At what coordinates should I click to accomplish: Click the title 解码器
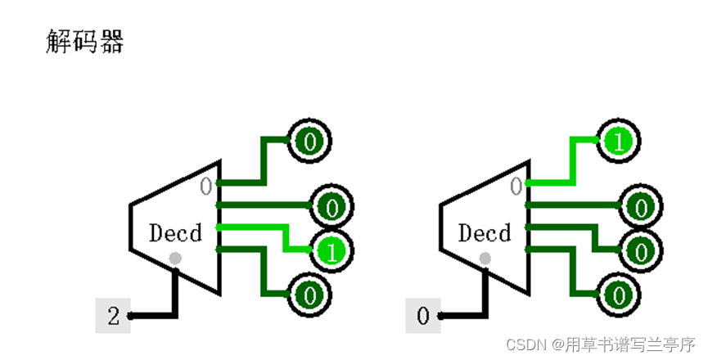pyautogui.click(x=84, y=42)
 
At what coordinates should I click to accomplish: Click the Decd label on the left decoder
pyautogui.click(x=175, y=233)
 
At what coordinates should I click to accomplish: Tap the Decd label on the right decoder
pyautogui.click(x=485, y=233)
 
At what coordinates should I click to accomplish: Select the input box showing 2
pyautogui.click(x=113, y=316)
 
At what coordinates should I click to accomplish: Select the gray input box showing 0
pyautogui.click(x=423, y=316)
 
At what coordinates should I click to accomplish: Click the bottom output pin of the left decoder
pyautogui.click(x=310, y=293)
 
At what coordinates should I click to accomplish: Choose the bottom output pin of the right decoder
pyautogui.click(x=620, y=293)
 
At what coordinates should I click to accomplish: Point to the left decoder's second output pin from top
pyautogui.click(x=331, y=207)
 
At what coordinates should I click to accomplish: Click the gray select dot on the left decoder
pyautogui.click(x=175, y=259)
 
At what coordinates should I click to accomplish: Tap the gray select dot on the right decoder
pyautogui.click(x=485, y=259)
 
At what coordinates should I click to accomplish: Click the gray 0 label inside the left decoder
pyautogui.click(x=207, y=187)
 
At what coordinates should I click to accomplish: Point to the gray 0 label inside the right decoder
pyautogui.click(x=516, y=187)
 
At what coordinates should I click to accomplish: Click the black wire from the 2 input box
pyautogui.click(x=156, y=315)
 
